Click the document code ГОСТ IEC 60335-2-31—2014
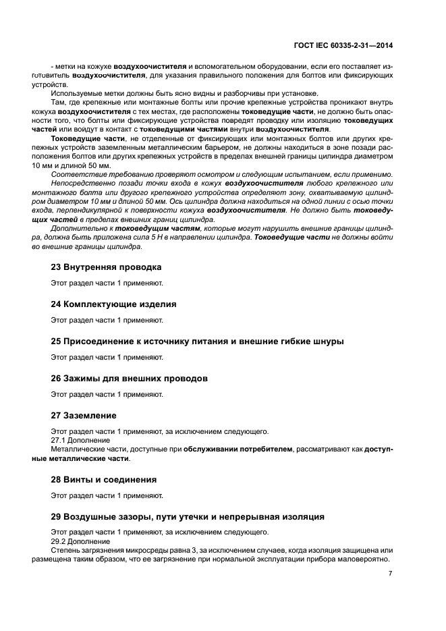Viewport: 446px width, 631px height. (344, 46)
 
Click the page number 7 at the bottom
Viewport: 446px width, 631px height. (390, 574)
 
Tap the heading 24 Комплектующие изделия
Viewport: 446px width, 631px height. (113, 304)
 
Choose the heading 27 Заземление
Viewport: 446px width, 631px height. (84, 415)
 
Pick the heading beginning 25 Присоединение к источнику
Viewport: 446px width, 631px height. (197, 341)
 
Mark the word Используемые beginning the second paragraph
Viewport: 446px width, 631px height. (75, 94)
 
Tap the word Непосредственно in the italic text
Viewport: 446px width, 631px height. (80, 184)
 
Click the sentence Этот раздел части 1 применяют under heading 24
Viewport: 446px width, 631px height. (107, 320)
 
